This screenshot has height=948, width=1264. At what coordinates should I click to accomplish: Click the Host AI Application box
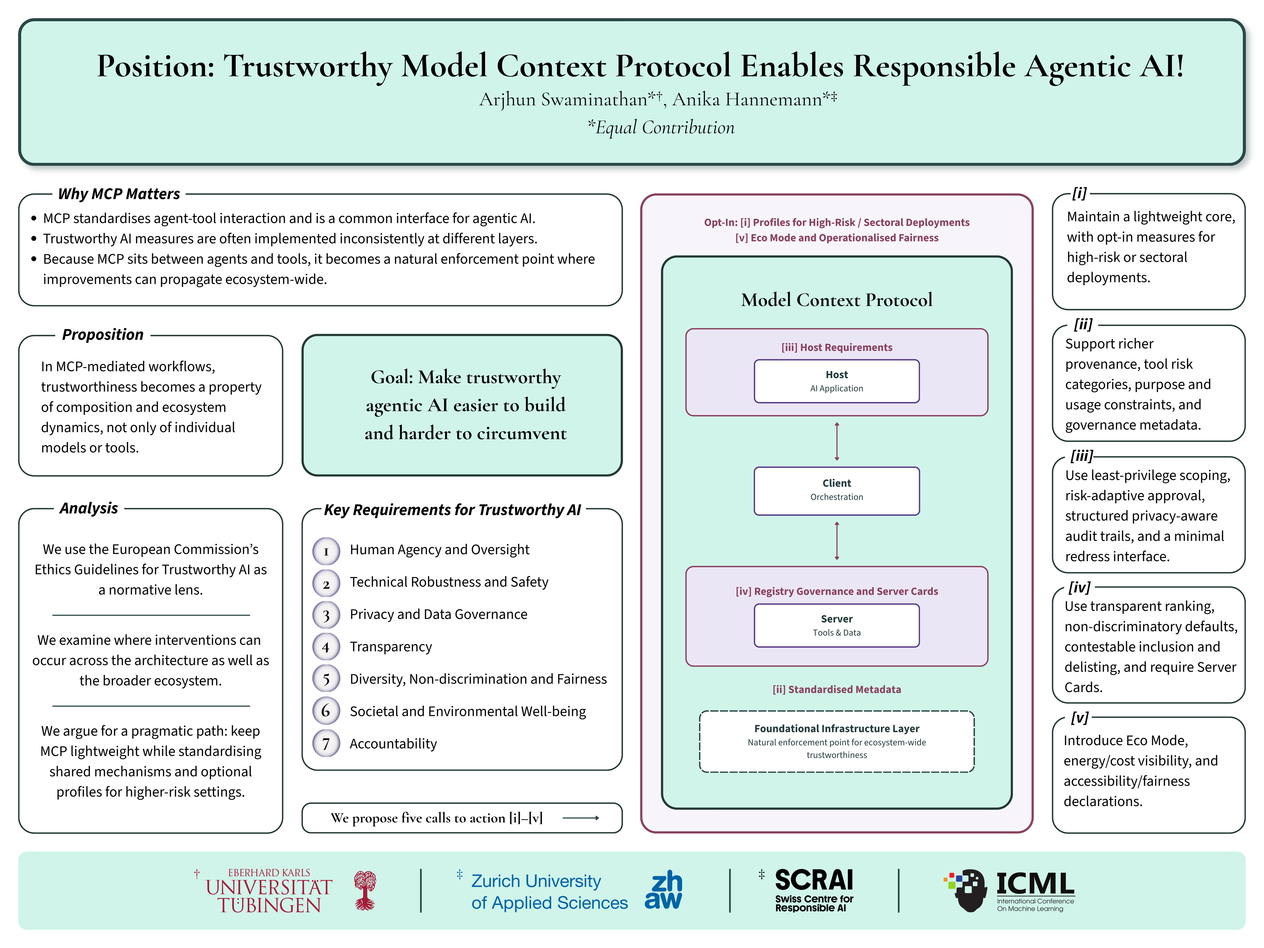coord(836,381)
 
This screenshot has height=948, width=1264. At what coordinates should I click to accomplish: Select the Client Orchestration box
coord(836,491)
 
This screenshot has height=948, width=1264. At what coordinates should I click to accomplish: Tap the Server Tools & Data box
coord(836,626)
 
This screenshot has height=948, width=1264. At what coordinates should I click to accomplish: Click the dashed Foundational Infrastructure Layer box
coord(836,741)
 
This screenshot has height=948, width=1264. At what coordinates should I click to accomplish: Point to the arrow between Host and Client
coord(836,441)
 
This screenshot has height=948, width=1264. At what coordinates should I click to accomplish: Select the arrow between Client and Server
coord(836,540)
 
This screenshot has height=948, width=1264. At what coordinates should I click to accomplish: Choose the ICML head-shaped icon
coord(966,890)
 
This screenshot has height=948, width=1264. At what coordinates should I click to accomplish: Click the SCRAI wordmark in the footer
coord(814,880)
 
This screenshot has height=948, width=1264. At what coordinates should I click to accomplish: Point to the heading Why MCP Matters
coord(119,194)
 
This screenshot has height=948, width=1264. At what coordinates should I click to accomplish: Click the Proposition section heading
coord(103,334)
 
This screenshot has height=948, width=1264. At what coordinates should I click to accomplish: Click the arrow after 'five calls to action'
coord(581,818)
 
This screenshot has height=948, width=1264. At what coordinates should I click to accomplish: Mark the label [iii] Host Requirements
coord(836,347)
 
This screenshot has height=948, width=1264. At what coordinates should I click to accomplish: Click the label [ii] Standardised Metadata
coord(836,690)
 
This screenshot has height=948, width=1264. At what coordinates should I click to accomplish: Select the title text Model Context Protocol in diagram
coord(836,300)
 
